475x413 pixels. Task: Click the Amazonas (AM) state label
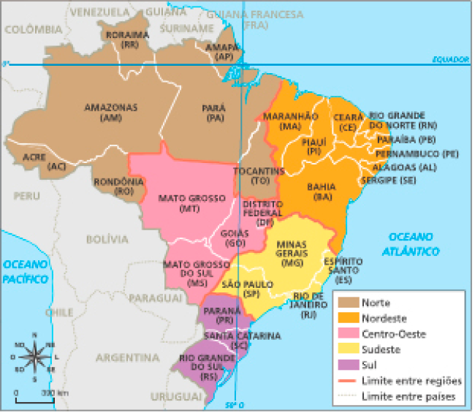point(110,112)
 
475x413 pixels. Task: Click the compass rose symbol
point(33,356)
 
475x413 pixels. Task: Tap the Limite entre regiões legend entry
point(412,381)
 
